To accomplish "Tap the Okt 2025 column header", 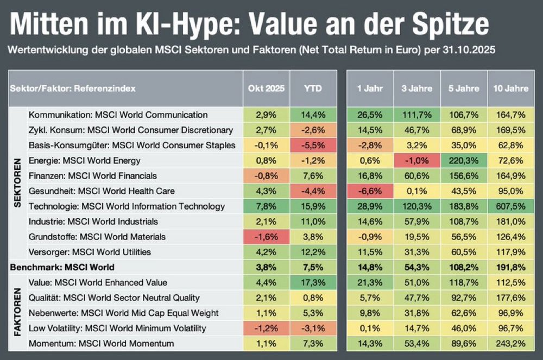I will click(266, 89).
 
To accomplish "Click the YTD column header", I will click(313, 89).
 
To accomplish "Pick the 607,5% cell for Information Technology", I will click(509, 206).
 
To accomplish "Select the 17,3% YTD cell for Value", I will click(313, 282).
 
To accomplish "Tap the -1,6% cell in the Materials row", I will click(266, 237).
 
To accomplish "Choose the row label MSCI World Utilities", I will click(90, 252).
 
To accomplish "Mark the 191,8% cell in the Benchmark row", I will click(509, 267).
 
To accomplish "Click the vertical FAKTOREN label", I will click(17, 313).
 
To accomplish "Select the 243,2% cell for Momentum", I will click(509, 343).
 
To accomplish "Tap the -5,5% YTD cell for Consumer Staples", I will click(313, 146).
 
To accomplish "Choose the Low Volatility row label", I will click(117, 328).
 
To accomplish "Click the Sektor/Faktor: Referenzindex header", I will click(73, 89).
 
